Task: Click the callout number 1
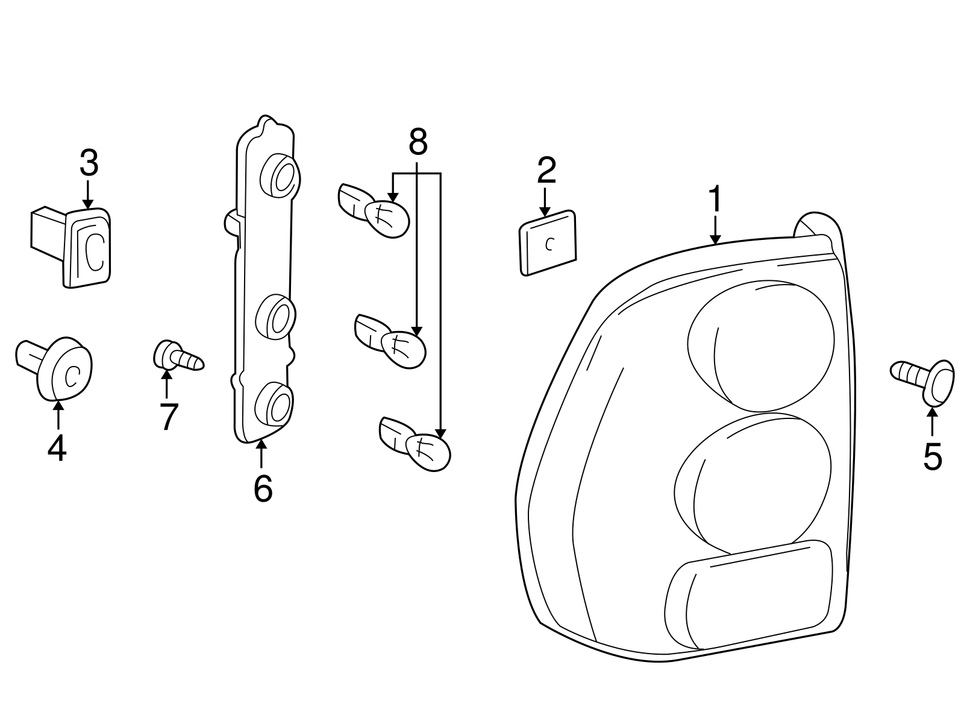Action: (x=715, y=200)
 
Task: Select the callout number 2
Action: (x=546, y=171)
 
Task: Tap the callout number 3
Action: (x=88, y=163)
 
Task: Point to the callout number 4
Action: (x=57, y=449)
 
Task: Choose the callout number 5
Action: (x=931, y=457)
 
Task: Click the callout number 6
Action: (x=263, y=488)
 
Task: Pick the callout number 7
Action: (x=168, y=416)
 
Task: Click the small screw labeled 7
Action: (x=178, y=358)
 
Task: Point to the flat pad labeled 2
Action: (x=548, y=244)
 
